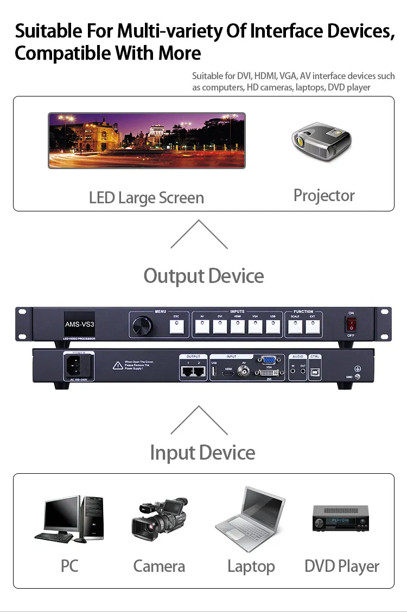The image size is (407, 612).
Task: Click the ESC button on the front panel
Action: pos(176,326)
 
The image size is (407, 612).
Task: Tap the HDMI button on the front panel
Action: pos(237,326)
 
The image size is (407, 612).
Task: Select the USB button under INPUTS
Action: pos(272,326)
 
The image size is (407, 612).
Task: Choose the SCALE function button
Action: pos(295,326)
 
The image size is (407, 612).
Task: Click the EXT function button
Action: pos(312,326)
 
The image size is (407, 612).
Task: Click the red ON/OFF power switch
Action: pos(351,324)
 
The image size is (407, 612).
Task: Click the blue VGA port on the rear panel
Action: pos(267,359)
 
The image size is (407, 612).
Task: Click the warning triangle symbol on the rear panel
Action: pos(117,365)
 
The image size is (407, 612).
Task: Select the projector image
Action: pos(321,139)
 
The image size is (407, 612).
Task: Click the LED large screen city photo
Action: pos(147,140)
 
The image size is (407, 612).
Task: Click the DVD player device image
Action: pos(340,518)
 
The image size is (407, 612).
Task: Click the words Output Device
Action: pos(203,276)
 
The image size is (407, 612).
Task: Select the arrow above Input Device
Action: pos(199,420)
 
